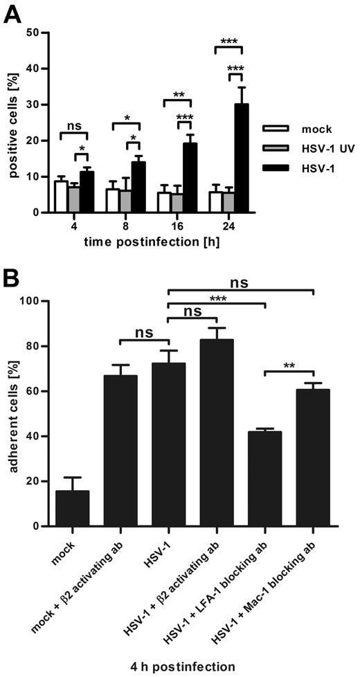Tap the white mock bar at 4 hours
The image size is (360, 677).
click(x=61, y=197)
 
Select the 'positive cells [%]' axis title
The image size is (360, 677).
click(x=13, y=123)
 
